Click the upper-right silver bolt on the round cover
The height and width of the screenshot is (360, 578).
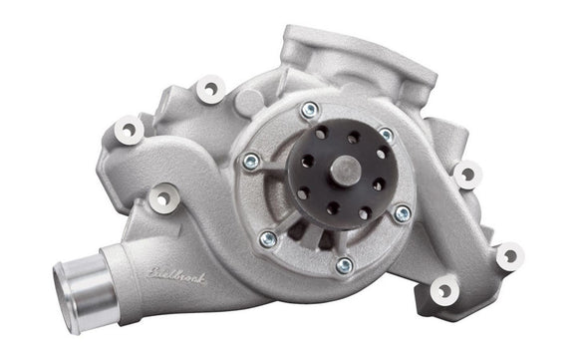point(386,135)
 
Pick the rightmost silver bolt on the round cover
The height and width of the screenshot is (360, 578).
point(401,212)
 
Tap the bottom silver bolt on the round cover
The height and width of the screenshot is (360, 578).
point(344,265)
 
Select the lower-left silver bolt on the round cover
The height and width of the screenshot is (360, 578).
point(267,237)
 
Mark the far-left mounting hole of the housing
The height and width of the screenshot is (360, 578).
point(127,128)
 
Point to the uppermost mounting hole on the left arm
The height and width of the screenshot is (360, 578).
point(209,90)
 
